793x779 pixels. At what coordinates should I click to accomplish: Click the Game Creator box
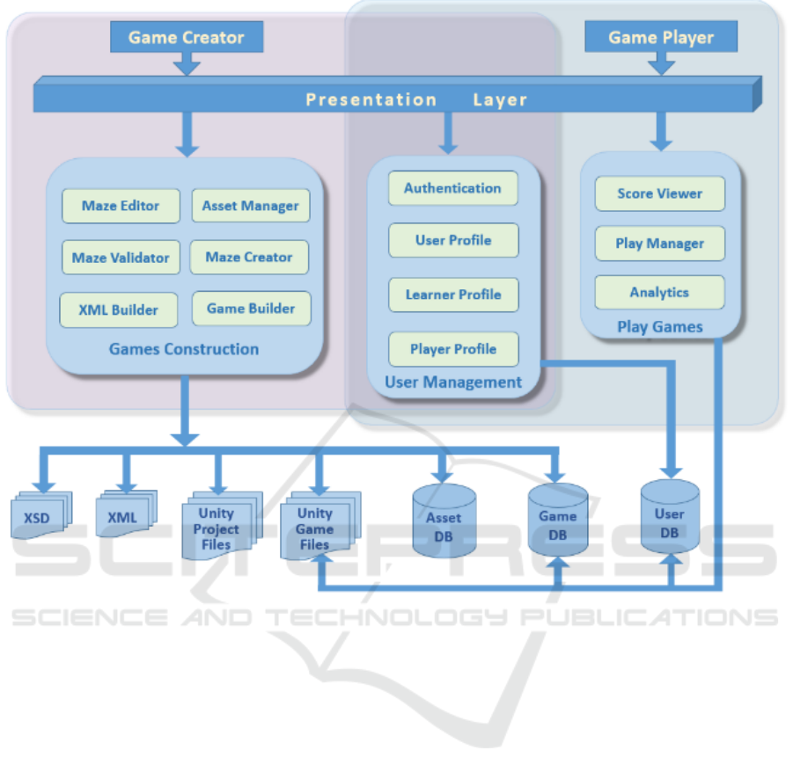point(186,37)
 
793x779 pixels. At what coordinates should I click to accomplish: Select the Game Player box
point(661,37)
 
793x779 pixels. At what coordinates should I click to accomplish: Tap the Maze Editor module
point(121,206)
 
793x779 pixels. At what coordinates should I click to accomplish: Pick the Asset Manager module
point(251,206)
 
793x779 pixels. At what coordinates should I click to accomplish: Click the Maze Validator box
point(121,258)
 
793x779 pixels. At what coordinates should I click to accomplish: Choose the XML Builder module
point(119,309)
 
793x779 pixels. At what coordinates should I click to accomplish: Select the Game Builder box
point(251,309)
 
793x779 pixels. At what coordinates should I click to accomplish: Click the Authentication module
point(452,188)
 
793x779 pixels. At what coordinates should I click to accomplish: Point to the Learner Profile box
point(453,295)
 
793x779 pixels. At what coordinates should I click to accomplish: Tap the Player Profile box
point(453,349)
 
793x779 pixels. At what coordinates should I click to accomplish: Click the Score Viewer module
point(659,193)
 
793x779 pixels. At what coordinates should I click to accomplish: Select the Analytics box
point(659,293)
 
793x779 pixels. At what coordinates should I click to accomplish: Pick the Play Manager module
point(659,244)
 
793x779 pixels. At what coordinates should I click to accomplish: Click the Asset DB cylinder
point(444,521)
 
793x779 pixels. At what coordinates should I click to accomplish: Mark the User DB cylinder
point(669,519)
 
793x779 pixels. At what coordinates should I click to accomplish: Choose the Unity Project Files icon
point(217,528)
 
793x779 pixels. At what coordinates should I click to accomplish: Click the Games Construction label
point(184,349)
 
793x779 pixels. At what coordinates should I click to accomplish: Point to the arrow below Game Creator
point(187,63)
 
